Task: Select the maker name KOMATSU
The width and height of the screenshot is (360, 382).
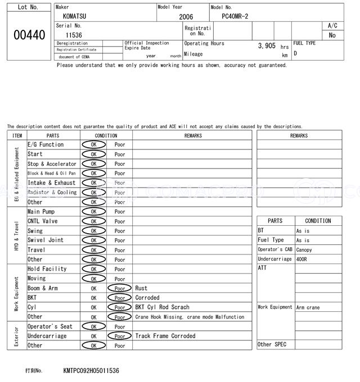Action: click(x=71, y=17)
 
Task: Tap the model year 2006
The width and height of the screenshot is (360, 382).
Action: click(x=186, y=17)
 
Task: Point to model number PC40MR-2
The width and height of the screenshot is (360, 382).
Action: click(x=238, y=17)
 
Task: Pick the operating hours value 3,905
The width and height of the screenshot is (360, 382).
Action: click(x=267, y=46)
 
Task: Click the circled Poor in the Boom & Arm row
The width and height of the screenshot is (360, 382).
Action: click(x=120, y=288)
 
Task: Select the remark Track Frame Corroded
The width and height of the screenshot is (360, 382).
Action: click(x=165, y=336)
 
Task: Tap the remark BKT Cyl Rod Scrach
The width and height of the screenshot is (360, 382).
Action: click(x=162, y=307)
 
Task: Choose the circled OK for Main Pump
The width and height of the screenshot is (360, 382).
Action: click(x=93, y=212)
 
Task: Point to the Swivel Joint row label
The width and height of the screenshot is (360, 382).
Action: click(x=46, y=240)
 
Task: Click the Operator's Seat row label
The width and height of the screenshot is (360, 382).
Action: click(x=50, y=326)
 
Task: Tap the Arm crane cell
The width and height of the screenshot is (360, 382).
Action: click(x=308, y=307)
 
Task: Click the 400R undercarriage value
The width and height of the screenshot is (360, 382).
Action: click(x=303, y=260)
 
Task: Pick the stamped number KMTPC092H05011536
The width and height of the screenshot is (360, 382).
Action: click(x=91, y=371)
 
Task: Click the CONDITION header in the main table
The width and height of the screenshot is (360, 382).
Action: click(x=106, y=135)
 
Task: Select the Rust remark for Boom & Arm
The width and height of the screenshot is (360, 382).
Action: click(x=141, y=288)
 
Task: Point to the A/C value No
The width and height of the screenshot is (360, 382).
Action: click(x=332, y=35)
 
